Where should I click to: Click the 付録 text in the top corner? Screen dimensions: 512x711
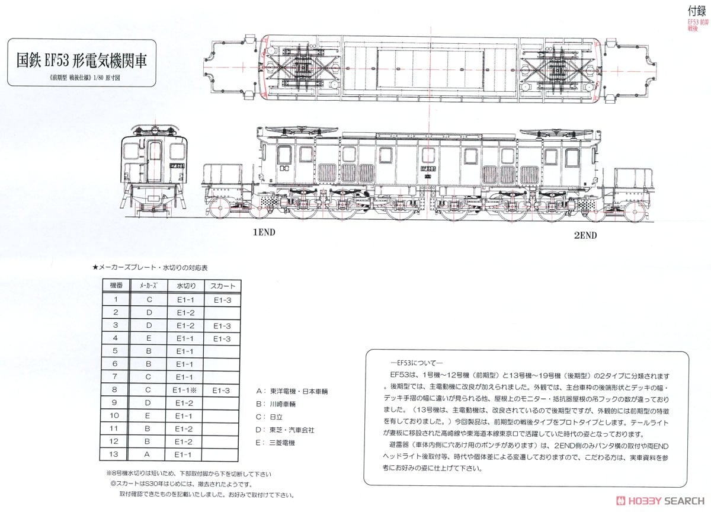(697, 10)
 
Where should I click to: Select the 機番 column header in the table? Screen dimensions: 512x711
(116, 286)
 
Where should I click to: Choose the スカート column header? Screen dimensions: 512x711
(223, 286)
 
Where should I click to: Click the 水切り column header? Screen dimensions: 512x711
(185, 286)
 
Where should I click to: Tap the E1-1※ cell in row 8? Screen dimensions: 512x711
(185, 391)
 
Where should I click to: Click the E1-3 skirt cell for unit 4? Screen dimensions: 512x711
(223, 338)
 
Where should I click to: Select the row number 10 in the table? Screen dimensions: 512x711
(116, 416)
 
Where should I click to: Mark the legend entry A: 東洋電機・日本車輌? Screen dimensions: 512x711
(292, 392)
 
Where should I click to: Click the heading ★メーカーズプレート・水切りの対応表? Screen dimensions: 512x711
(150, 268)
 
